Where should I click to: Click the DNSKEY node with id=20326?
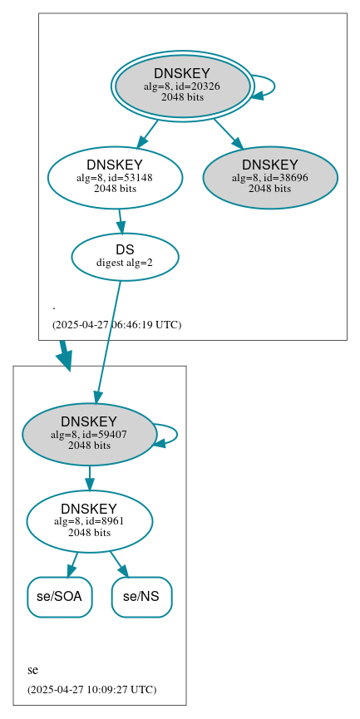pyautogui.click(x=182, y=86)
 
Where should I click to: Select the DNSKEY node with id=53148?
pyautogui.click(x=115, y=177)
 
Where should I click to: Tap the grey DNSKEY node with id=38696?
pyautogui.click(x=269, y=177)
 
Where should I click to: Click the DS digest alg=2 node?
pyautogui.click(x=125, y=256)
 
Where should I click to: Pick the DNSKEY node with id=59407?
pyautogui.click(x=89, y=434)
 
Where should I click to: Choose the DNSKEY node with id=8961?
pyautogui.click(x=89, y=521)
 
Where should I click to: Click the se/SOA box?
pyautogui.click(x=59, y=597)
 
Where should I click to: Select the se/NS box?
pyautogui.click(x=141, y=597)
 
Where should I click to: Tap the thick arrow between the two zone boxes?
pyautogui.click(x=64, y=355)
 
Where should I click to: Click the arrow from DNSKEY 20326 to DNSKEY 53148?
pyautogui.click(x=147, y=133)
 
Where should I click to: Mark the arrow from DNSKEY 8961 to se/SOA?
pyautogui.click(x=73, y=564)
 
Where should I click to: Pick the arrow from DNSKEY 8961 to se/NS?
pyautogui.click(x=119, y=564)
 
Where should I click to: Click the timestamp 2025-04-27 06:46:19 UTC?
pyautogui.click(x=116, y=325)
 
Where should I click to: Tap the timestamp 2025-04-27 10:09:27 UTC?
pyautogui.click(x=91, y=690)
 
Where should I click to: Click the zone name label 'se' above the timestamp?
pyautogui.click(x=32, y=670)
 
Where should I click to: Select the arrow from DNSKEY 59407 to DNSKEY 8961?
pyautogui.click(x=89, y=478)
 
